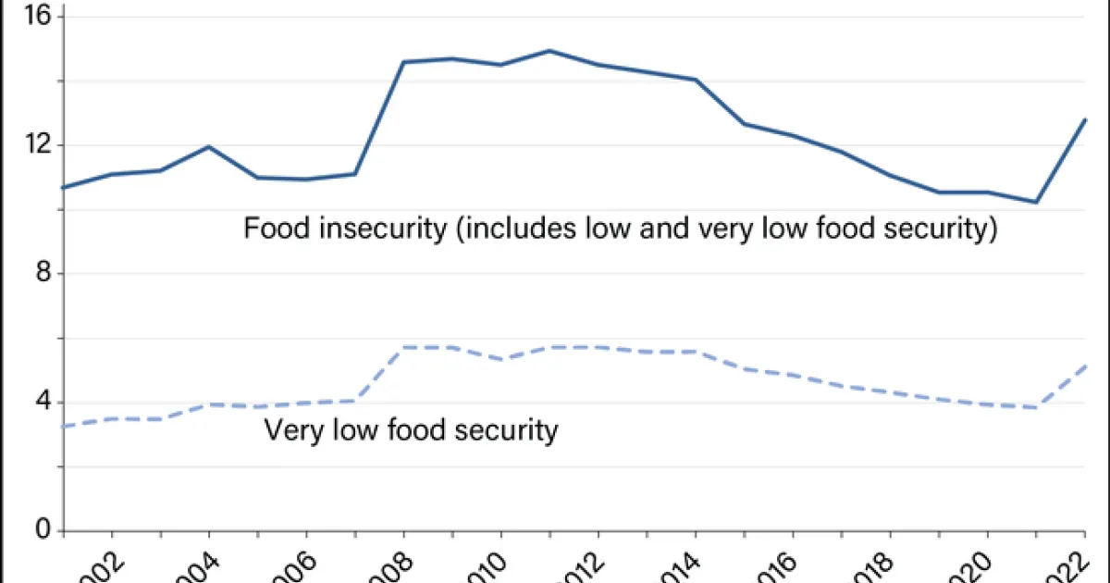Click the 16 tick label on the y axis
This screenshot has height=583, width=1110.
pos(43,17)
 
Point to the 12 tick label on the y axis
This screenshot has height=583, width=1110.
pos(43,145)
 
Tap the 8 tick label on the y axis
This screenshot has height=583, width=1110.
pos(46,274)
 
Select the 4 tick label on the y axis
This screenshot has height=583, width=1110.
pos(46,403)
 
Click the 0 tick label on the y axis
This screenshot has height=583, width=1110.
pos(46,531)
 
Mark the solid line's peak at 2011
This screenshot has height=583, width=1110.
pos(549,50)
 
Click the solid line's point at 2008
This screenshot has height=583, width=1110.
pos(403,62)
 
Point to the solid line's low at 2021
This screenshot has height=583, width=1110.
pos(1036,203)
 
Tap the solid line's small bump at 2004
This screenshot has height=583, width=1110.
pos(209,146)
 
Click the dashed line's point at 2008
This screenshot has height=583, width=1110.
pos(403,347)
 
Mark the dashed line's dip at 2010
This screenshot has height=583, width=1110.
pos(500,359)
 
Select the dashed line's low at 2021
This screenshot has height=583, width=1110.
pos(1036,408)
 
